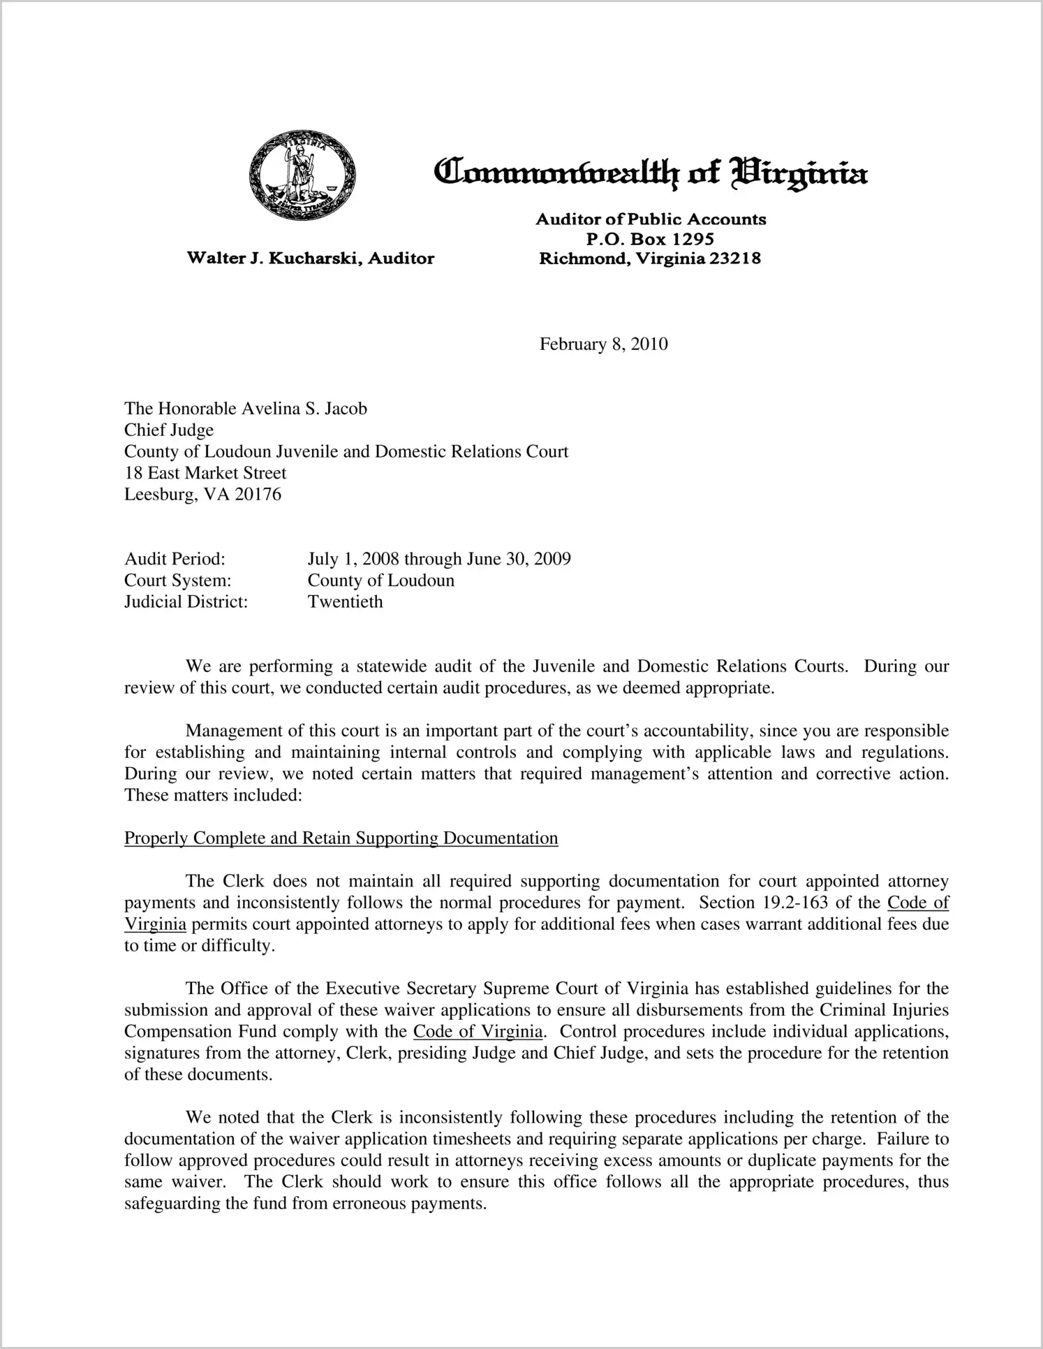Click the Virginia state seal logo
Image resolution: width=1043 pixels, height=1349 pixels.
click(302, 175)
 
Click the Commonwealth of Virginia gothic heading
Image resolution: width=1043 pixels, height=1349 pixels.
click(650, 172)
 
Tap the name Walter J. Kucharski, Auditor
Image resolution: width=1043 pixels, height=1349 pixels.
click(310, 258)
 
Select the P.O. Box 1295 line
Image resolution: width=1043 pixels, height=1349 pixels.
click(650, 239)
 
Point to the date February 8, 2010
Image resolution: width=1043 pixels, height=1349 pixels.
click(603, 344)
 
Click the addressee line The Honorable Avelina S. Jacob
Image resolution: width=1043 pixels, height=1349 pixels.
click(246, 409)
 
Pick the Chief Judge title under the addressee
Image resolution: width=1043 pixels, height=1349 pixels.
click(169, 430)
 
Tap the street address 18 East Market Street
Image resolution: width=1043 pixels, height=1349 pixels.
click(205, 473)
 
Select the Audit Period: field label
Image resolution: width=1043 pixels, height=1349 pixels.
click(175, 559)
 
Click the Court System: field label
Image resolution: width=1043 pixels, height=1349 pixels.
click(177, 581)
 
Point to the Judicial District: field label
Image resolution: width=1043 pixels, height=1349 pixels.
click(186, 601)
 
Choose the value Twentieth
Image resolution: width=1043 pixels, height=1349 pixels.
click(346, 601)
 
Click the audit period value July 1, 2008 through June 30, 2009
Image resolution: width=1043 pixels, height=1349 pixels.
click(439, 559)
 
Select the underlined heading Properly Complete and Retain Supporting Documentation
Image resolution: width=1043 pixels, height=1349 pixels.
click(341, 838)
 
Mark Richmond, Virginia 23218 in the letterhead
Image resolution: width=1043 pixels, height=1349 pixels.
click(650, 258)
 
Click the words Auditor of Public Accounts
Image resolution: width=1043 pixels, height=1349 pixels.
click(650, 219)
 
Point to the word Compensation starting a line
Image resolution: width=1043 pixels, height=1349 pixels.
click(178, 1032)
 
